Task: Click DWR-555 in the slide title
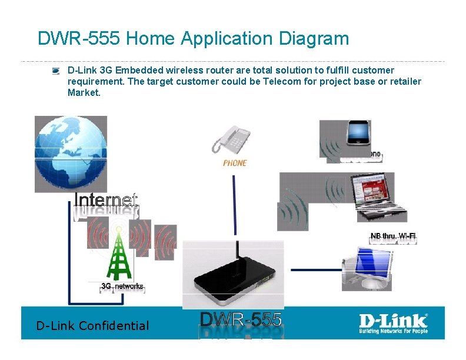[79, 39]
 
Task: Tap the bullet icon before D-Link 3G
[55, 71]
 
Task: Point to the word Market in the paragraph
[83, 92]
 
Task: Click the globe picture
[71, 154]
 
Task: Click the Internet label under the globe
[106, 200]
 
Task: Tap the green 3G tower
[119, 253]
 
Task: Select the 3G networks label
[122, 286]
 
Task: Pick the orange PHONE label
[235, 163]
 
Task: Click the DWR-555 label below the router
[241, 320]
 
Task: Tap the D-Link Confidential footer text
[92, 325]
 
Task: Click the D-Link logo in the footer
[394, 322]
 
